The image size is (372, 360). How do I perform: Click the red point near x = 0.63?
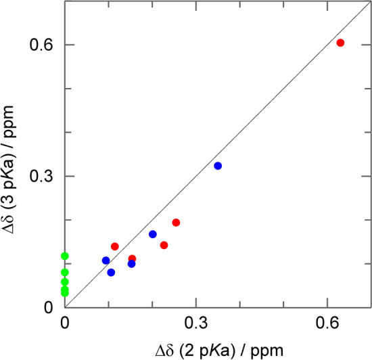340,43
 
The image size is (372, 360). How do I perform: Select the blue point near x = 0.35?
218,166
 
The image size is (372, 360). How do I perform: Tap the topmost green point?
65,256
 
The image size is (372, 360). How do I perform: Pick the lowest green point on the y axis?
65,293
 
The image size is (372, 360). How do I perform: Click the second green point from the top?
65,272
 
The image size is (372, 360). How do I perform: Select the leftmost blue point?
106,261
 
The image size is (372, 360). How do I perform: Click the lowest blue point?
111,273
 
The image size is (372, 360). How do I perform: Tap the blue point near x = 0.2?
153,234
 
